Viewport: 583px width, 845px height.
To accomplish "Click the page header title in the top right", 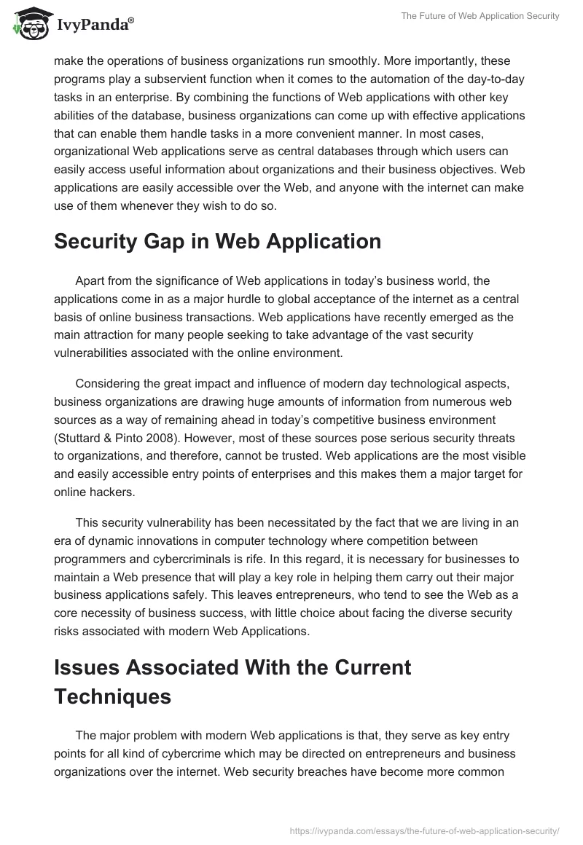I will [480, 16].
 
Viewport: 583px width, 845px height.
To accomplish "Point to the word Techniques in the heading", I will [113, 696].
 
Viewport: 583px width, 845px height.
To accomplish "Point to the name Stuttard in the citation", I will [84, 438].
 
